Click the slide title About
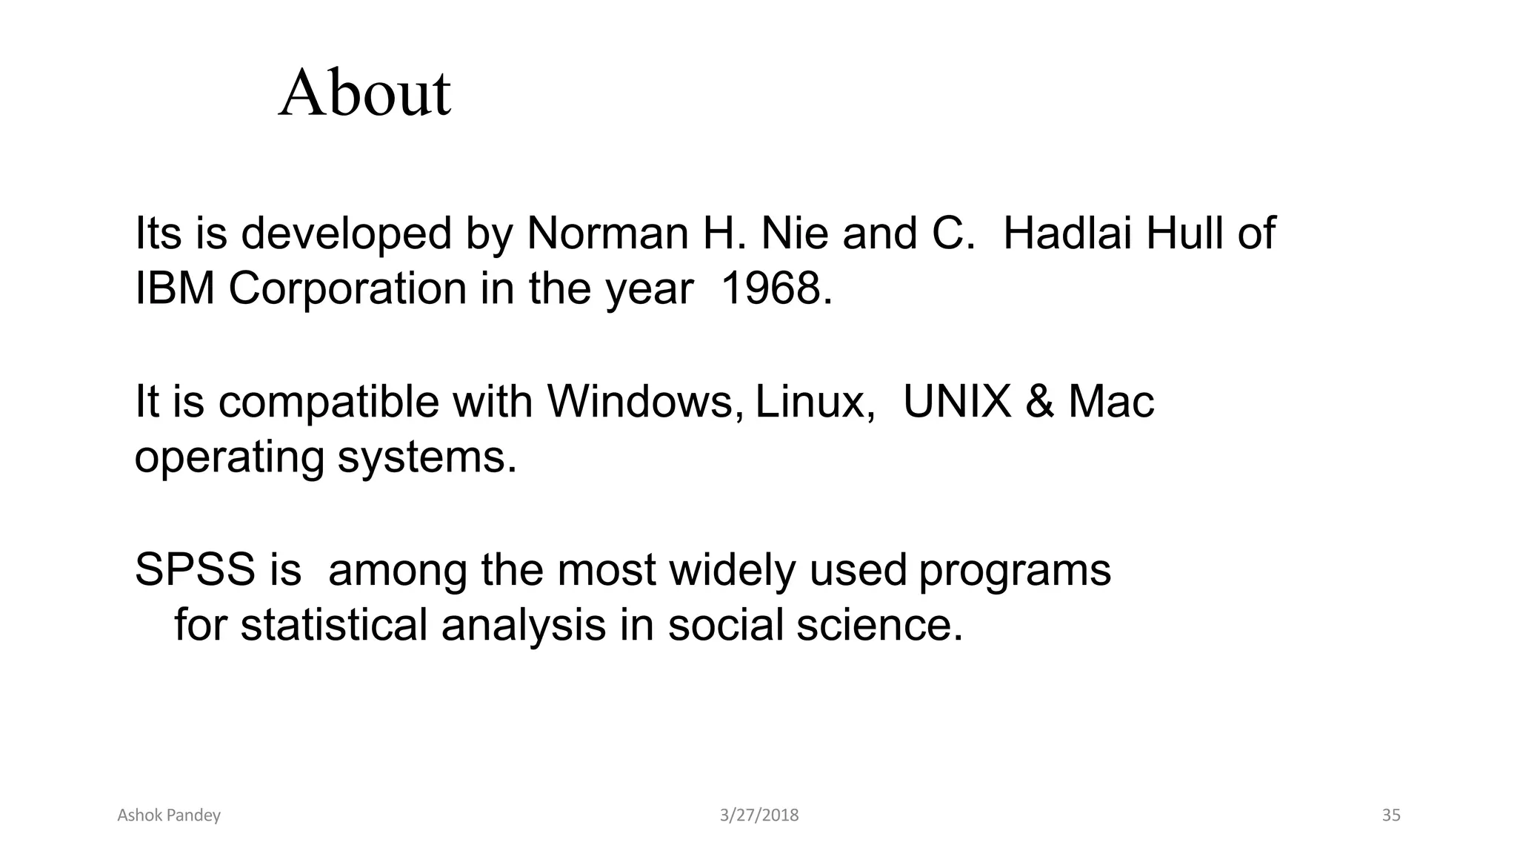coord(364,94)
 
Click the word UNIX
coord(957,402)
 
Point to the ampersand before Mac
coord(1039,402)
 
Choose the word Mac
coord(1111,402)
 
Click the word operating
coord(229,458)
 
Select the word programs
coord(1015,572)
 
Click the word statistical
coord(333,624)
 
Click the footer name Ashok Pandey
coord(169,815)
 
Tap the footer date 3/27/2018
coord(759,815)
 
